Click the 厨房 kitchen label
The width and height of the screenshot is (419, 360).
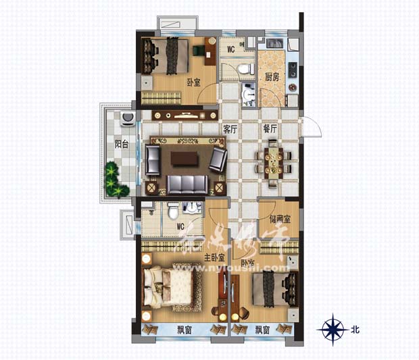coord(272,77)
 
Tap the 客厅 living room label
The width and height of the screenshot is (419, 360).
coord(231,129)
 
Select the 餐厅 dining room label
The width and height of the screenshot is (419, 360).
coord(270,129)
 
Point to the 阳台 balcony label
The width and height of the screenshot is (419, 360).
coord(122,144)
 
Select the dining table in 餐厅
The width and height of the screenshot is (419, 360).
coord(272,163)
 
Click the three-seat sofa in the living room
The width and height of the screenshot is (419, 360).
coord(187,184)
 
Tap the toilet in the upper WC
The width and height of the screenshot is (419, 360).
coord(242,69)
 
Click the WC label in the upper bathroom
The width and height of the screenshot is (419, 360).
coord(230,49)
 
